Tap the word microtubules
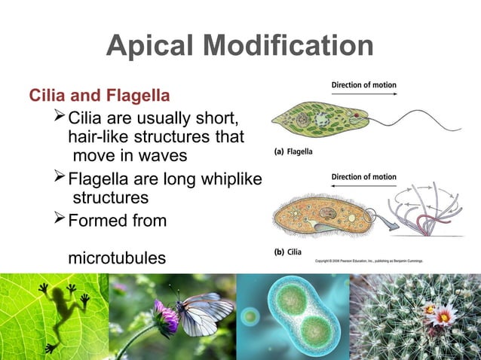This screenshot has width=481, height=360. pos(117,258)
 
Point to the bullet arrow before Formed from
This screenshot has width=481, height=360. pos(61,221)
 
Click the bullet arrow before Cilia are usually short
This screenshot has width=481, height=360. pos(61,118)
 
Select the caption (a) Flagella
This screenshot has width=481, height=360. pos(293,151)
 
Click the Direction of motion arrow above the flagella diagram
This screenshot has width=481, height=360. pos(364,93)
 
